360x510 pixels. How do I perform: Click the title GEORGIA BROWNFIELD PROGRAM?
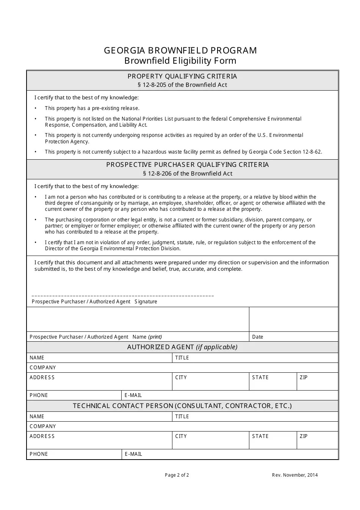[180, 50]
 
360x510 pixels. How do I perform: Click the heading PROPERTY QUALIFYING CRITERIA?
[182, 76]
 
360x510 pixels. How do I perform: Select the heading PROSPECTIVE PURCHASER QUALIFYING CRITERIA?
[188, 165]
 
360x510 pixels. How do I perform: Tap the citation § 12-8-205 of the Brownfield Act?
[182, 85]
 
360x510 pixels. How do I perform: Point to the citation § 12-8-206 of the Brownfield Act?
[188, 174]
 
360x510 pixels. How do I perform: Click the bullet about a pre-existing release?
[92, 108]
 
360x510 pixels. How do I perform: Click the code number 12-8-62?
[312, 152]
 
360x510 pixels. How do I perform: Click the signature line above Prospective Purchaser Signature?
[123, 295]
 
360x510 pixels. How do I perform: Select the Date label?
[258, 337]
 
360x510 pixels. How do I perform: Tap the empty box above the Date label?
[293, 319]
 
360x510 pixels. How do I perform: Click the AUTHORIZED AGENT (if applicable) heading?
[182, 347]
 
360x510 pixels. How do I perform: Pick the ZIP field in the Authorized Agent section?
[317, 381]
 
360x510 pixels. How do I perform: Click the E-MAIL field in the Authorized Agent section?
[230, 395]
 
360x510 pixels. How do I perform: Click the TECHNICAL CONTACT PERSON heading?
[182, 406]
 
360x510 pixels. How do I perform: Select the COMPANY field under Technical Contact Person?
[182, 427]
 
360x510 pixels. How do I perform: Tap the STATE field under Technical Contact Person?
[272, 440]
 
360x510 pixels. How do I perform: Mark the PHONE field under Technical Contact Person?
[74, 454]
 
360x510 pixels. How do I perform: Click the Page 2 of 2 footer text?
[177, 475]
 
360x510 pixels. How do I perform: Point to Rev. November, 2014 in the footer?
[295, 475]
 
